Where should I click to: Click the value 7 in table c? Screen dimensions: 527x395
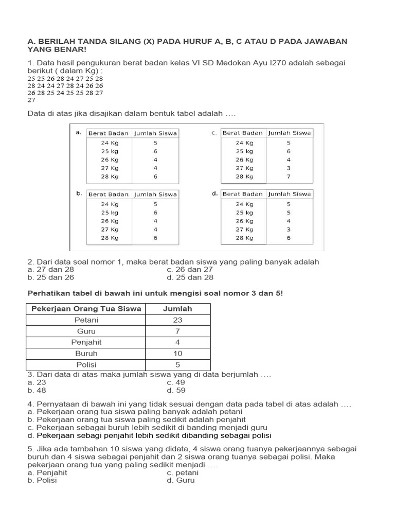pyautogui.click(x=289, y=176)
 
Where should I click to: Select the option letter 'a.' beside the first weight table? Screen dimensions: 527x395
pyautogui.click(x=79, y=132)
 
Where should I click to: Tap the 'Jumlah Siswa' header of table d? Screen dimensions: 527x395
pyautogui.click(x=290, y=194)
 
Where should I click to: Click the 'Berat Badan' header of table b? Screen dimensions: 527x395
pyautogui.click(x=108, y=194)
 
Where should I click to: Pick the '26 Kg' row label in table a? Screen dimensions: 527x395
pyautogui.click(x=110, y=160)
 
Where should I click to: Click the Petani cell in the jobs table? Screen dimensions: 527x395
pyautogui.click(x=86, y=320)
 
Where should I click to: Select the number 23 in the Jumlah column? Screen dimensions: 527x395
pyautogui.click(x=177, y=320)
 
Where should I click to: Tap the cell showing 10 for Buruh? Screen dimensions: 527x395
pyautogui.click(x=177, y=354)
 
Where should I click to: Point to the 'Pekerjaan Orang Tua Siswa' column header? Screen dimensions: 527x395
pyautogui.click(x=86, y=309)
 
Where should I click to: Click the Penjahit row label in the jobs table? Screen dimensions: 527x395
pyautogui.click(x=86, y=342)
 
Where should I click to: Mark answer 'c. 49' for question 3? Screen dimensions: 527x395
pyautogui.click(x=176, y=382)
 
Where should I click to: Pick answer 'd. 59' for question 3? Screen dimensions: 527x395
pyautogui.click(x=176, y=390)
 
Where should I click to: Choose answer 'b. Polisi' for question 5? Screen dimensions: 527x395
pyautogui.click(x=42, y=480)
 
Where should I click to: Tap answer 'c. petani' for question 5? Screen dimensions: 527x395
pyautogui.click(x=183, y=472)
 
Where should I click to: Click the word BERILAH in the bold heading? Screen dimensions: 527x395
pyautogui.click(x=56, y=41)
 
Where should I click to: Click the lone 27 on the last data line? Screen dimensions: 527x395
pyautogui.click(x=31, y=100)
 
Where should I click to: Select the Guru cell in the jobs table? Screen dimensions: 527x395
pyautogui.click(x=86, y=331)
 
